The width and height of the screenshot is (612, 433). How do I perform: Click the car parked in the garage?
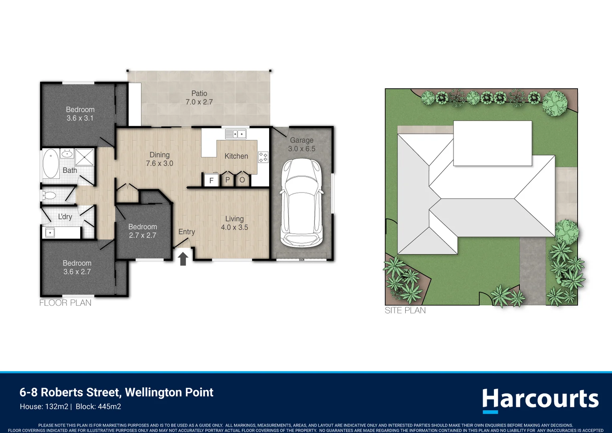click(302, 202)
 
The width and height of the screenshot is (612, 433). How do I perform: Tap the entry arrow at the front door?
click(183, 259)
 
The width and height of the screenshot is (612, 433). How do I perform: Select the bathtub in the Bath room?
click(51, 164)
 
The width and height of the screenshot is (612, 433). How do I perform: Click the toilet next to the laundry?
click(49, 196)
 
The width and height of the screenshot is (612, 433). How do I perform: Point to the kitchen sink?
click(236, 134)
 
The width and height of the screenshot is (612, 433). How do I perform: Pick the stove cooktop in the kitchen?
click(263, 157)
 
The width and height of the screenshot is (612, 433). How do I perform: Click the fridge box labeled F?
click(211, 180)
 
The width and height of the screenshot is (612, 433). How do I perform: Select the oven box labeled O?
click(242, 180)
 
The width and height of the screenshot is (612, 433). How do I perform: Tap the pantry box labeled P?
click(227, 180)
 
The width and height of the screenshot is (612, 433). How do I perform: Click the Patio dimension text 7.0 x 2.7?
click(199, 102)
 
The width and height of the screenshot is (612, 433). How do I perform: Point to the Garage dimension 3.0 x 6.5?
click(302, 149)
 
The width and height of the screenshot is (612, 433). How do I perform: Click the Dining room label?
click(159, 155)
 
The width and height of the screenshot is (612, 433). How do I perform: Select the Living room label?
click(234, 219)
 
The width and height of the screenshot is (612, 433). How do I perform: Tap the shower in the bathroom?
click(85, 157)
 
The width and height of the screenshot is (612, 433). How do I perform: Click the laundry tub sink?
click(50, 233)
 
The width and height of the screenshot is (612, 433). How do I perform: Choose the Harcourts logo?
click(540, 400)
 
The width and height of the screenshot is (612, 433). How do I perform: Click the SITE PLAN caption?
click(405, 310)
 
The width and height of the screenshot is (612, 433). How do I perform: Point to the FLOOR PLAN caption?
click(65, 303)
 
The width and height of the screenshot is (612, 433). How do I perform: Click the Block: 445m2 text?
click(98, 407)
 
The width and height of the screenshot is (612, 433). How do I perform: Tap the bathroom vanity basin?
click(67, 154)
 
